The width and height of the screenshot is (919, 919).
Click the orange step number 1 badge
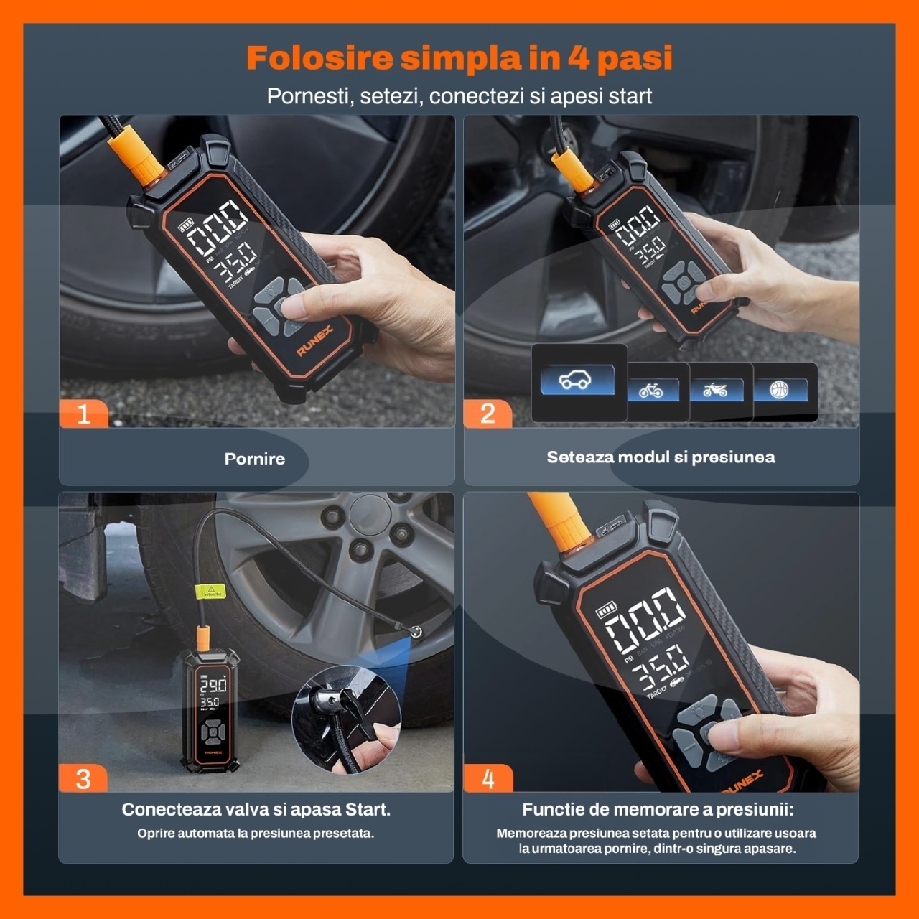coord(84,413)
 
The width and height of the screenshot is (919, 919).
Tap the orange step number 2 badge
coord(488,413)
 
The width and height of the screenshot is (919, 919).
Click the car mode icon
coord(576,380)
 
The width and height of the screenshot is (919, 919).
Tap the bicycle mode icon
coord(651,391)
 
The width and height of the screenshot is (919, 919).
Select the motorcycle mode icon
coord(715,390)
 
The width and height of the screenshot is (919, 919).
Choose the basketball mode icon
coord(779,389)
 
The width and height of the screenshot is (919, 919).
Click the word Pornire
coord(255,459)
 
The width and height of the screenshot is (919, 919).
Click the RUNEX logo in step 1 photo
coord(314,341)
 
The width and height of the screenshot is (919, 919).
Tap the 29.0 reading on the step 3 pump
coord(213,686)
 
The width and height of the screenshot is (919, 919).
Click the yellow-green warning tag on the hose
coord(210,592)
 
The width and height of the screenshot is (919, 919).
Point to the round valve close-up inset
coord(346,719)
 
